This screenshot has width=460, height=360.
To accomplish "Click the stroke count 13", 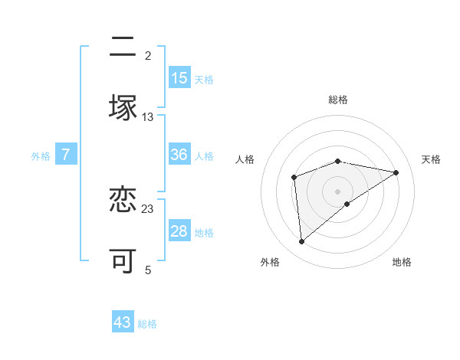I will [148, 117].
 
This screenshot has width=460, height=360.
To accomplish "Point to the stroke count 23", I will [148, 208].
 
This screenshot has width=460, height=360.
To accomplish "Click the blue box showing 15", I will [179, 78].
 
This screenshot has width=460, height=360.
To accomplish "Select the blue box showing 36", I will [179, 155].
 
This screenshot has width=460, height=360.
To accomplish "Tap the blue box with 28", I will [179, 231].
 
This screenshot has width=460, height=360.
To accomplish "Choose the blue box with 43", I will [123, 322].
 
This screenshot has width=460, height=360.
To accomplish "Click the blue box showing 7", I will [66, 155].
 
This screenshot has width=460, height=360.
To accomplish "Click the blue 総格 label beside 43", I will [147, 324].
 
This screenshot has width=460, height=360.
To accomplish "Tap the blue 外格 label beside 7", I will [41, 156].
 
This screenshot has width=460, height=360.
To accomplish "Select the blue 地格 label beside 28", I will [204, 233].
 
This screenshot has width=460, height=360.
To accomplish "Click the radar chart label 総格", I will [338, 100].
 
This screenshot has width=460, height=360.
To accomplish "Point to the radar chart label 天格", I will [432, 159].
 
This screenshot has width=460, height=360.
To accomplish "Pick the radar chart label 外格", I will [270, 263].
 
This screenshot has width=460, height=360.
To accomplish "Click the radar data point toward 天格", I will [396, 172].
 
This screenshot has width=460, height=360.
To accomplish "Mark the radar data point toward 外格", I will [302, 242].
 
